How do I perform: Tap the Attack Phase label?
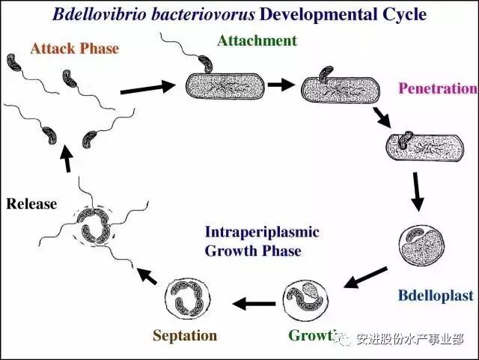tap(75, 49)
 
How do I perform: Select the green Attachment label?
tap(257, 40)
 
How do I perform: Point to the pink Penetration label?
tap(437, 89)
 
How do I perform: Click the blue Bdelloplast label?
tap(435, 296)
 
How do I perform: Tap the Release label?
tap(31, 203)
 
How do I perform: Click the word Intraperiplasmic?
tap(261, 232)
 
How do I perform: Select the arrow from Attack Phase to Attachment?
tap(147, 88)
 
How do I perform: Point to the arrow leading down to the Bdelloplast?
tap(418, 192)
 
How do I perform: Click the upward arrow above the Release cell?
tap(69, 159)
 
